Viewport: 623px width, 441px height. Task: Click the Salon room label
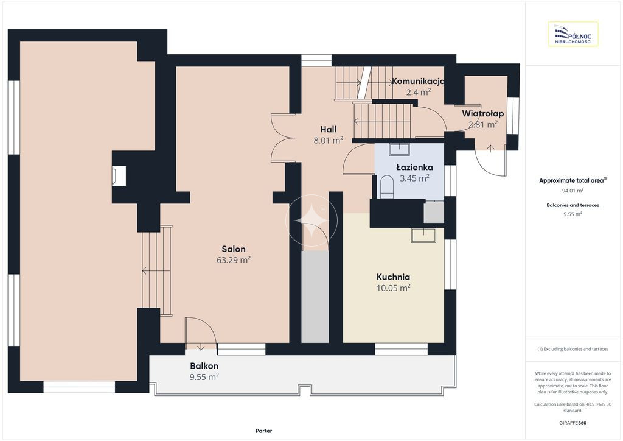(234, 249)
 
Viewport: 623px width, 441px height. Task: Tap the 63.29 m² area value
(234, 259)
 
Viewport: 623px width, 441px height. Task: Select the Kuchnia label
(394, 277)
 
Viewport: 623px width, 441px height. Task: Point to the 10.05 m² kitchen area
(394, 288)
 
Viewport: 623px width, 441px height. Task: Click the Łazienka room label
(414, 167)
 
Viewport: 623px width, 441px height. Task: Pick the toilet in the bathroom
(386, 187)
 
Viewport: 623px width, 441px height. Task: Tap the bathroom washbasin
(399, 149)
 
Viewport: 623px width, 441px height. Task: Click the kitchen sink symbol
(423, 235)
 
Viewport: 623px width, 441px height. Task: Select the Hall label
(329, 129)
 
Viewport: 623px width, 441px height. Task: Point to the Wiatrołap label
(482, 114)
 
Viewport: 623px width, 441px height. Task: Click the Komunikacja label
(418, 81)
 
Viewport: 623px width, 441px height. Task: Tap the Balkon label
(204, 366)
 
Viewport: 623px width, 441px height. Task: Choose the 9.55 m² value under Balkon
(204, 376)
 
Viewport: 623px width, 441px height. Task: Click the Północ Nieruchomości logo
(573, 34)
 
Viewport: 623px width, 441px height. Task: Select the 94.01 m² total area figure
(573, 191)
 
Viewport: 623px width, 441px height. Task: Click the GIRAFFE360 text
(573, 423)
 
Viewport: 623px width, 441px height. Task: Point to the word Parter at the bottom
(264, 431)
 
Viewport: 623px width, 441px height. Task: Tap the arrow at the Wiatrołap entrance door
(491, 149)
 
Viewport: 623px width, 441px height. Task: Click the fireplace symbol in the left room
(119, 176)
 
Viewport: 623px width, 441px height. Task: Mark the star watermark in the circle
(312, 220)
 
